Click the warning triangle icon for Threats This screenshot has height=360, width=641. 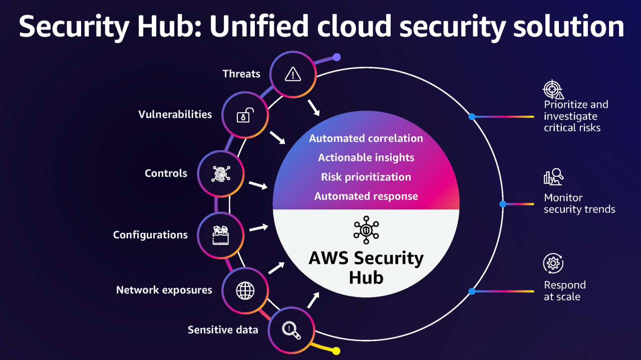click(292, 75)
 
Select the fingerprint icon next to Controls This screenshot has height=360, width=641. click(221, 173)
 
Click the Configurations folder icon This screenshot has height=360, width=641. click(221, 235)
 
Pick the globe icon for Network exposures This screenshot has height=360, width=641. click(245, 290)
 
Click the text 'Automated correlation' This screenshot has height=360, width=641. click(366, 138)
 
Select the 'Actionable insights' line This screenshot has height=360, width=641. click(366, 157)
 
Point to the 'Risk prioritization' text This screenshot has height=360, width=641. click(366, 177)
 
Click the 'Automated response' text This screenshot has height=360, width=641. click(366, 196)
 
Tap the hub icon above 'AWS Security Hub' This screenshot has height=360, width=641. click(366, 230)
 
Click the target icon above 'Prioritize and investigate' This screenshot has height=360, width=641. click(553, 90)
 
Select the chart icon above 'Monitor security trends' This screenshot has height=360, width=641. click(553, 177)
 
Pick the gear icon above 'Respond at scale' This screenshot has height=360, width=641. click(553, 263)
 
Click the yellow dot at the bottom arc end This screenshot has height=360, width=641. click(337, 351)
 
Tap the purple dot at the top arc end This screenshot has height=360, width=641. click(337, 57)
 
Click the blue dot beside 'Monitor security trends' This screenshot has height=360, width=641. click(503, 204)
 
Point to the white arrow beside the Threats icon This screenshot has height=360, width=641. click(313, 106)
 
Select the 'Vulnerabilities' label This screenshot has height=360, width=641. click(175, 114)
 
